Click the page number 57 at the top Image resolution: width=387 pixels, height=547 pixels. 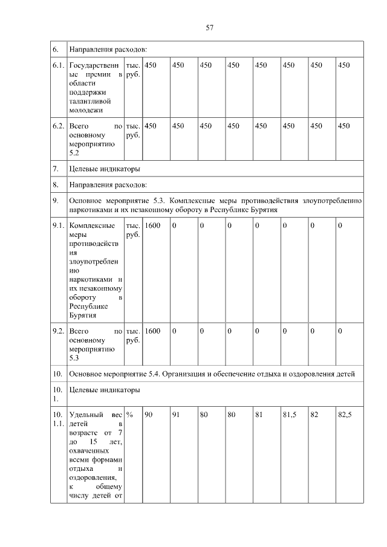[x=210, y=27]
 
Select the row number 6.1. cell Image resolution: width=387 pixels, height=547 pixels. [x=58, y=65]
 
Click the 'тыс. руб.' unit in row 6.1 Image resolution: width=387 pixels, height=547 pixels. [x=132, y=70]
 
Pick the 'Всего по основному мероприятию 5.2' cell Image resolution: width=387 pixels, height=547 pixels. [x=96, y=140]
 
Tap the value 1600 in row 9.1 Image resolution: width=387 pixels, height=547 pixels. [x=153, y=225]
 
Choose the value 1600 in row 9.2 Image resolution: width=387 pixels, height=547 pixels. [x=153, y=331]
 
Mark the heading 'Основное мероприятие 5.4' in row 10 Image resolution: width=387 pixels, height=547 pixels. [x=216, y=374]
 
